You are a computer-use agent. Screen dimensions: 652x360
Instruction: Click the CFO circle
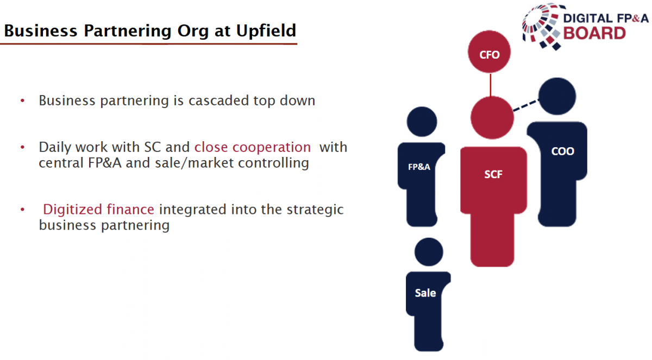coord(490,52)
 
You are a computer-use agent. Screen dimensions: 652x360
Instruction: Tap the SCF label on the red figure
coord(493,174)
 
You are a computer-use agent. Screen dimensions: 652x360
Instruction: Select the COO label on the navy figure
coord(562,151)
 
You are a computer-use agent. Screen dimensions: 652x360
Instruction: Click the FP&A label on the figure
coord(419,167)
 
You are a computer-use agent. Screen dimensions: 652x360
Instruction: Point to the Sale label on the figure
coord(425,293)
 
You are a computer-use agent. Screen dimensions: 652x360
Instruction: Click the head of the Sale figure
coord(429,252)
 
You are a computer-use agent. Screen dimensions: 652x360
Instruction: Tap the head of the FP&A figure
coord(422,122)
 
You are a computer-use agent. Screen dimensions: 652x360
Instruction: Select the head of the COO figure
coord(557,96)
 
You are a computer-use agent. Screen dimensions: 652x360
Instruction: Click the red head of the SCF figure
coord(492,117)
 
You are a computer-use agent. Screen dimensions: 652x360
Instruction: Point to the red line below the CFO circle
coord(491,85)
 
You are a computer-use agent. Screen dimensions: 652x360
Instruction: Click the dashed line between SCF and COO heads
coord(526,105)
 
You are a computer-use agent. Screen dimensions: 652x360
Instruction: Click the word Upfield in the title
coord(266,30)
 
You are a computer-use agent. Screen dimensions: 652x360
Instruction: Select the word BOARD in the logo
coord(594,33)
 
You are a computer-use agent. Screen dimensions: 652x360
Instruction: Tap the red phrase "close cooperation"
coord(252,147)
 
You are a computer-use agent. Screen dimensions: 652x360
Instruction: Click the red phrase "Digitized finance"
coord(98,210)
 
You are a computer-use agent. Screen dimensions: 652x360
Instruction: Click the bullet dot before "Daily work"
coord(22,147)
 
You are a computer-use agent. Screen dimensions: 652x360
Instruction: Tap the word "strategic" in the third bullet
coord(315,210)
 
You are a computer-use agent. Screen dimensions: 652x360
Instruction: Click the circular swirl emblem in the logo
coord(541,27)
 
